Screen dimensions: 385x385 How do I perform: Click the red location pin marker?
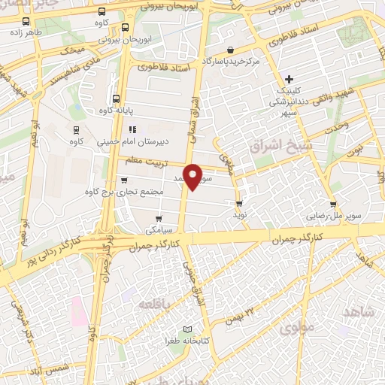pyautogui.click(x=193, y=176)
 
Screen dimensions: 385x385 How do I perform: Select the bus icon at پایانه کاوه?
pyautogui.click(x=115, y=98)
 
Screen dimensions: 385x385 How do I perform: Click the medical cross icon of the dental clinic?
pyautogui.click(x=290, y=79)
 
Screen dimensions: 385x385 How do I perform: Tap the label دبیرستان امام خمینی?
pyautogui.click(x=144, y=140)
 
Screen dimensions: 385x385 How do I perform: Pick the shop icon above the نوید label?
pyautogui.click(x=239, y=204)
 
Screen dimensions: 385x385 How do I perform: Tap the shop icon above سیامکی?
pyautogui.click(x=158, y=219)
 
